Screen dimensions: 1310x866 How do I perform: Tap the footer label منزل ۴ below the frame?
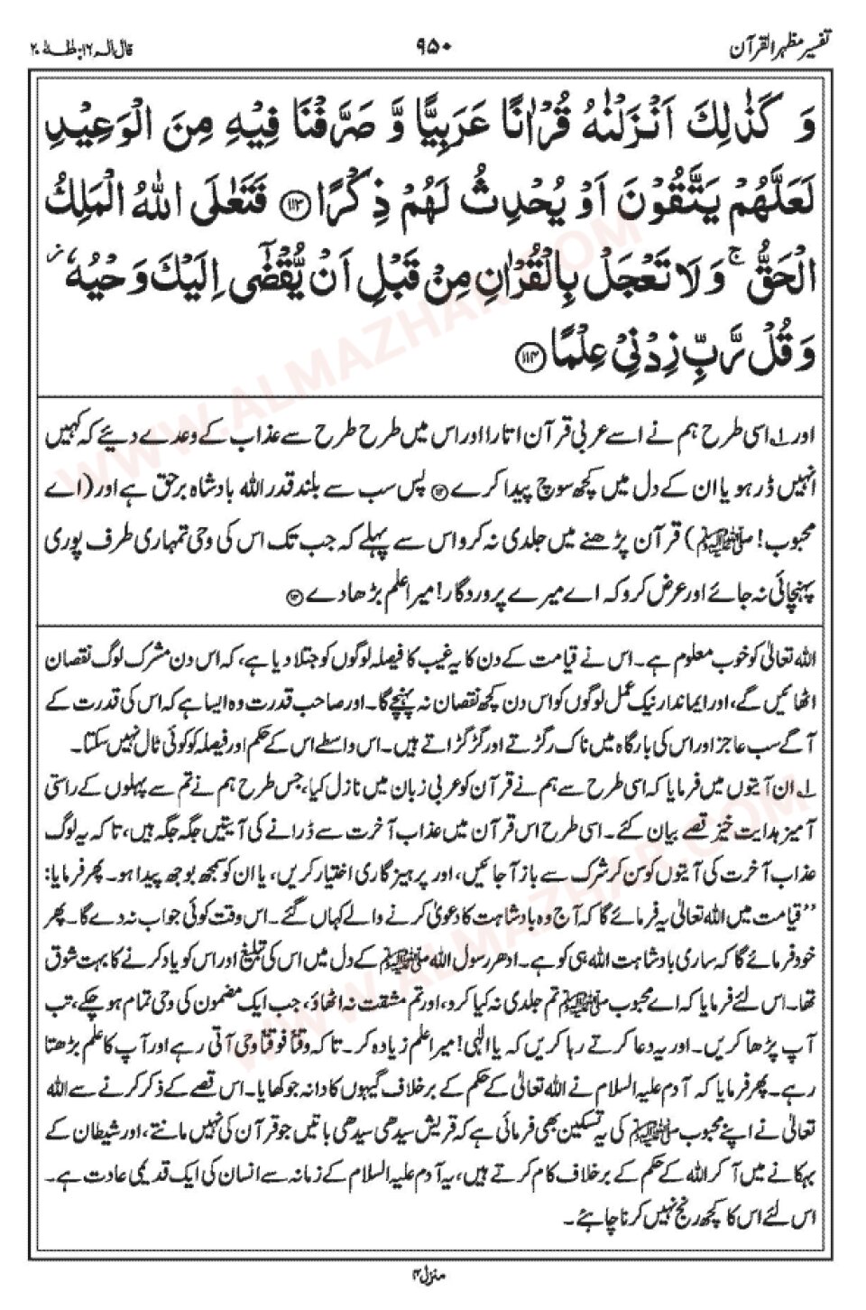tap(432, 1275)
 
